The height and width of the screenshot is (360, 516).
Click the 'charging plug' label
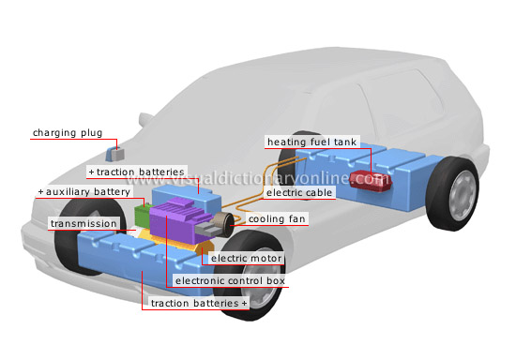click(x=68, y=133)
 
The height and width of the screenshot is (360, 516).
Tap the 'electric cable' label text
click(x=297, y=193)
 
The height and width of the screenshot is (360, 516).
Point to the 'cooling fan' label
click(x=275, y=219)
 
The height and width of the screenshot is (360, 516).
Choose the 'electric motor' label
click(x=246, y=258)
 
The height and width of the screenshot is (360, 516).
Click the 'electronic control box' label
click(x=230, y=280)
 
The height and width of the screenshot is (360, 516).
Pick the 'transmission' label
click(x=83, y=224)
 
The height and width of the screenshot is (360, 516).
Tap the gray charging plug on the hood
click(x=115, y=153)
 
